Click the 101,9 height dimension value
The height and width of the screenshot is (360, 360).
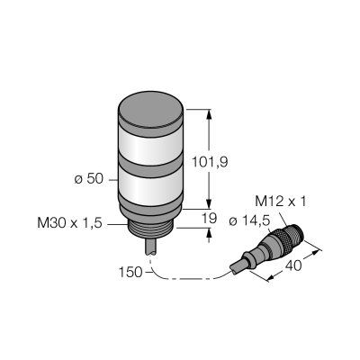tap(210, 162)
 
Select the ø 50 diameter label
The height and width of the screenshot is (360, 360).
tap(89, 179)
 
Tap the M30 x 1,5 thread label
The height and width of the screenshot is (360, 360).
tap(69, 223)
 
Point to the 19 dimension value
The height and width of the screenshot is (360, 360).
tap(209, 219)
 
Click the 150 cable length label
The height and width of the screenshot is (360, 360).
tap(130, 273)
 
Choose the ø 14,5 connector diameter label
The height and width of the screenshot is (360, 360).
tap(249, 221)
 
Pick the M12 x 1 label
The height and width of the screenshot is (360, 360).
tap(281, 202)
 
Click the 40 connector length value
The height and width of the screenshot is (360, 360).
tap(293, 265)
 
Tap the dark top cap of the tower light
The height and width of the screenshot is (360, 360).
tap(150, 108)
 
